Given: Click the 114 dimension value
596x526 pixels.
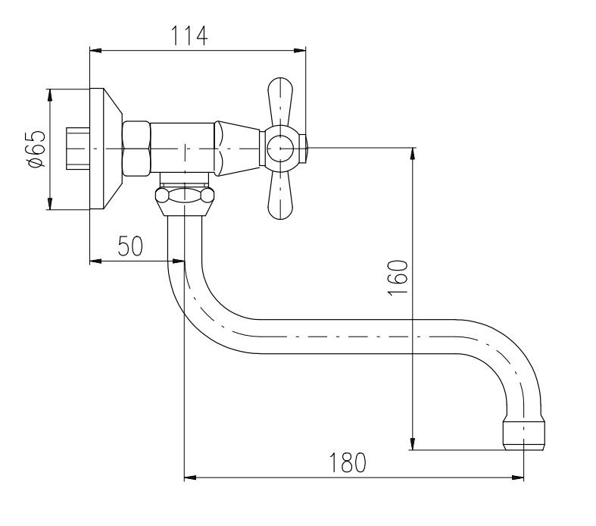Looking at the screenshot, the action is pos(189,36).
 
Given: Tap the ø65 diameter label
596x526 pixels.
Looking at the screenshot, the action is pos(37,149).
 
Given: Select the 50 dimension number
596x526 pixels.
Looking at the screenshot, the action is pos(130,246).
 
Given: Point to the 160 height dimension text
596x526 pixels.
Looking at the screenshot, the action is pos(398,277).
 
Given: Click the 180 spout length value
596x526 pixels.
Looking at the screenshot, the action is pos(348,462).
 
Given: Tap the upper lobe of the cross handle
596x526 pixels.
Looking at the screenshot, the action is pos(280,102).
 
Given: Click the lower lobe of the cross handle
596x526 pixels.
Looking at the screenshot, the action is pos(280,195).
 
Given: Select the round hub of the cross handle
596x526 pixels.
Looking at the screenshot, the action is pos(280,149).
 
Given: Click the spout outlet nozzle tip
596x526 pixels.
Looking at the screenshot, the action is pos(524,435).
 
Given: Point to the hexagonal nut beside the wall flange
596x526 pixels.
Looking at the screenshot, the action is pos(136,149).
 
